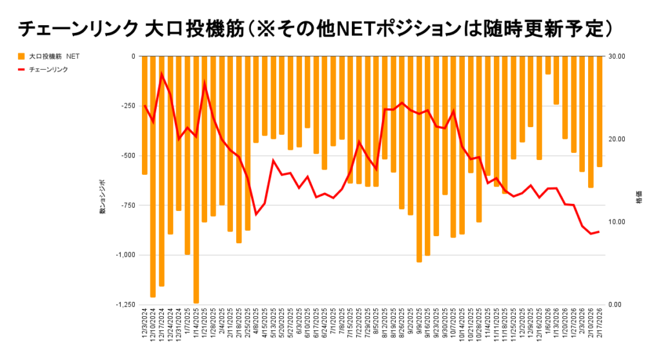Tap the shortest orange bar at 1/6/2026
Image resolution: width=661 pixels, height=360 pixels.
tap(548, 65)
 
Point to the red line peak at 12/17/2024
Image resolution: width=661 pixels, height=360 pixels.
tap(161, 74)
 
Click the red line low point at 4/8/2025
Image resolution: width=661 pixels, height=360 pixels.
tap(256, 214)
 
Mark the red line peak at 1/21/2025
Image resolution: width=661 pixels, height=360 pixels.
tap(205, 83)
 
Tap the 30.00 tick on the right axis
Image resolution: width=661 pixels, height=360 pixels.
tap(618, 57)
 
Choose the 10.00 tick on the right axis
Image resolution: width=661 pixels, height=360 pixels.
tap(618, 222)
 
